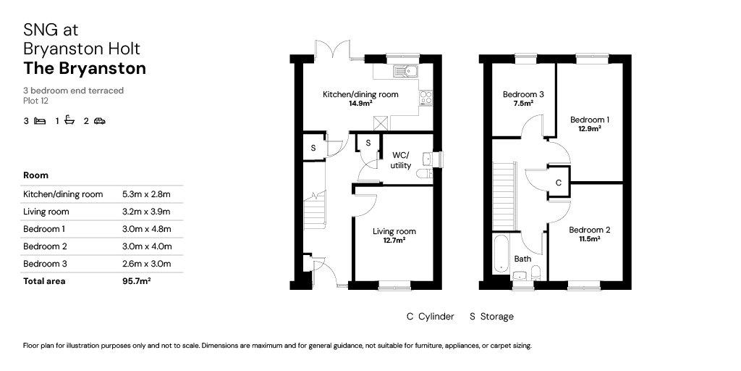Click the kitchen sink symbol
point(405,72)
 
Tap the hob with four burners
point(425,97)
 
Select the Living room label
point(394,231)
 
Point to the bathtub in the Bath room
point(501,254)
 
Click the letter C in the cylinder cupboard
point(558,182)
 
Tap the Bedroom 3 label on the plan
point(523,94)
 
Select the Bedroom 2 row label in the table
point(45,246)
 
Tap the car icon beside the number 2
point(99,121)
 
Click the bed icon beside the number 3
point(41,121)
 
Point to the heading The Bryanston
point(85,68)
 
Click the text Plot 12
point(36,100)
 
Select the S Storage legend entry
point(491,316)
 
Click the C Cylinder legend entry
point(431,316)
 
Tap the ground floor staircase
point(315,210)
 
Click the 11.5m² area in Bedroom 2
point(589,239)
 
